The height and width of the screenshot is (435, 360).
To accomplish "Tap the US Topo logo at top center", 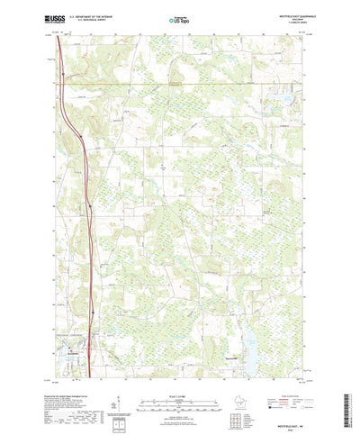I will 180,18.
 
